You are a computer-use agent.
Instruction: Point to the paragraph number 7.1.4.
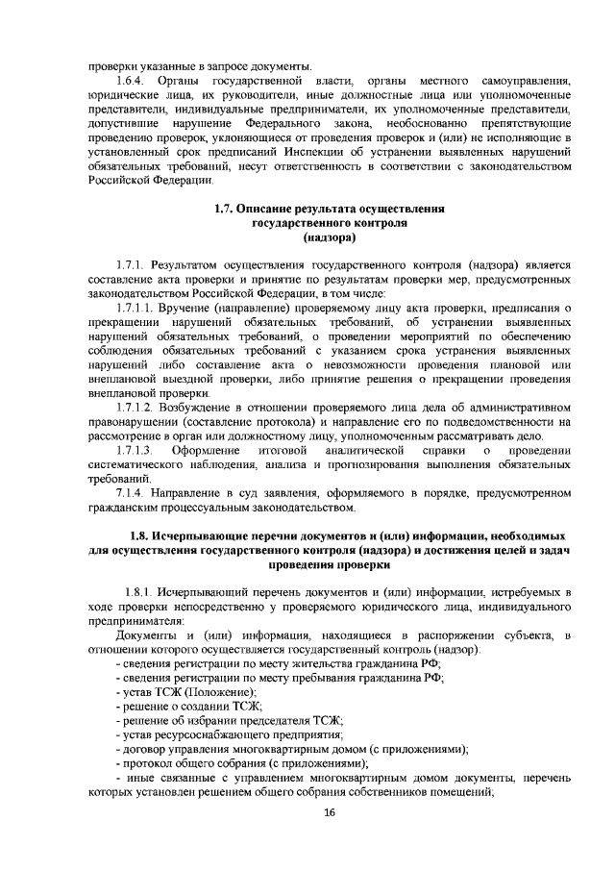click(131, 492)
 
